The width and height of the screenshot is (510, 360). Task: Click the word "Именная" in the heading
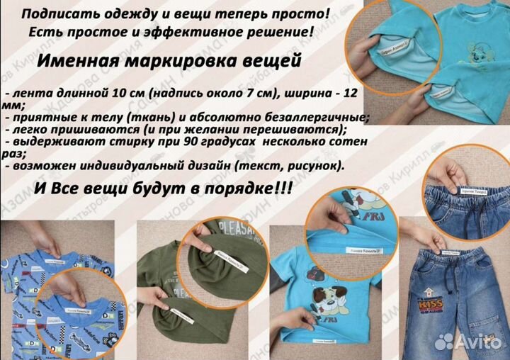(x=77, y=62)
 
